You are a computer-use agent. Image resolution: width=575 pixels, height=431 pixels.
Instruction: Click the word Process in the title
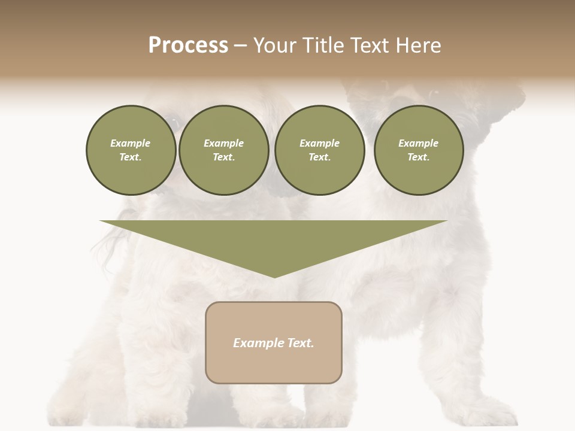[x=188, y=45]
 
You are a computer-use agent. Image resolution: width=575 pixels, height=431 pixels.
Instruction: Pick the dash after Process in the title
[x=240, y=46]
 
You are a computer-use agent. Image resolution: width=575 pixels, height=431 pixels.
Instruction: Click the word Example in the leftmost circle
[x=131, y=143]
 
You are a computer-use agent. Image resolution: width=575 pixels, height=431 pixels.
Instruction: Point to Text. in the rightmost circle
[x=418, y=157]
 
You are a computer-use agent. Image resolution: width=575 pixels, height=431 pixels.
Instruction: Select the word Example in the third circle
[x=319, y=143]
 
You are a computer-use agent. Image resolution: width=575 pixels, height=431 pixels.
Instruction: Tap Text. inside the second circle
[x=223, y=157]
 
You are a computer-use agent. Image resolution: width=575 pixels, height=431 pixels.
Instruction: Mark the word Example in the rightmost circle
[x=418, y=143]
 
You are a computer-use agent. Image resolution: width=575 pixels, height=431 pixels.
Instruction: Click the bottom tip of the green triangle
[x=274, y=277]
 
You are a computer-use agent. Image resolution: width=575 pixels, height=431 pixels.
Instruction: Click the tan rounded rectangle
[x=274, y=365]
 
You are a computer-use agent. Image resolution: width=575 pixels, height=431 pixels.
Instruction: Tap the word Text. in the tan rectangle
[x=300, y=343]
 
